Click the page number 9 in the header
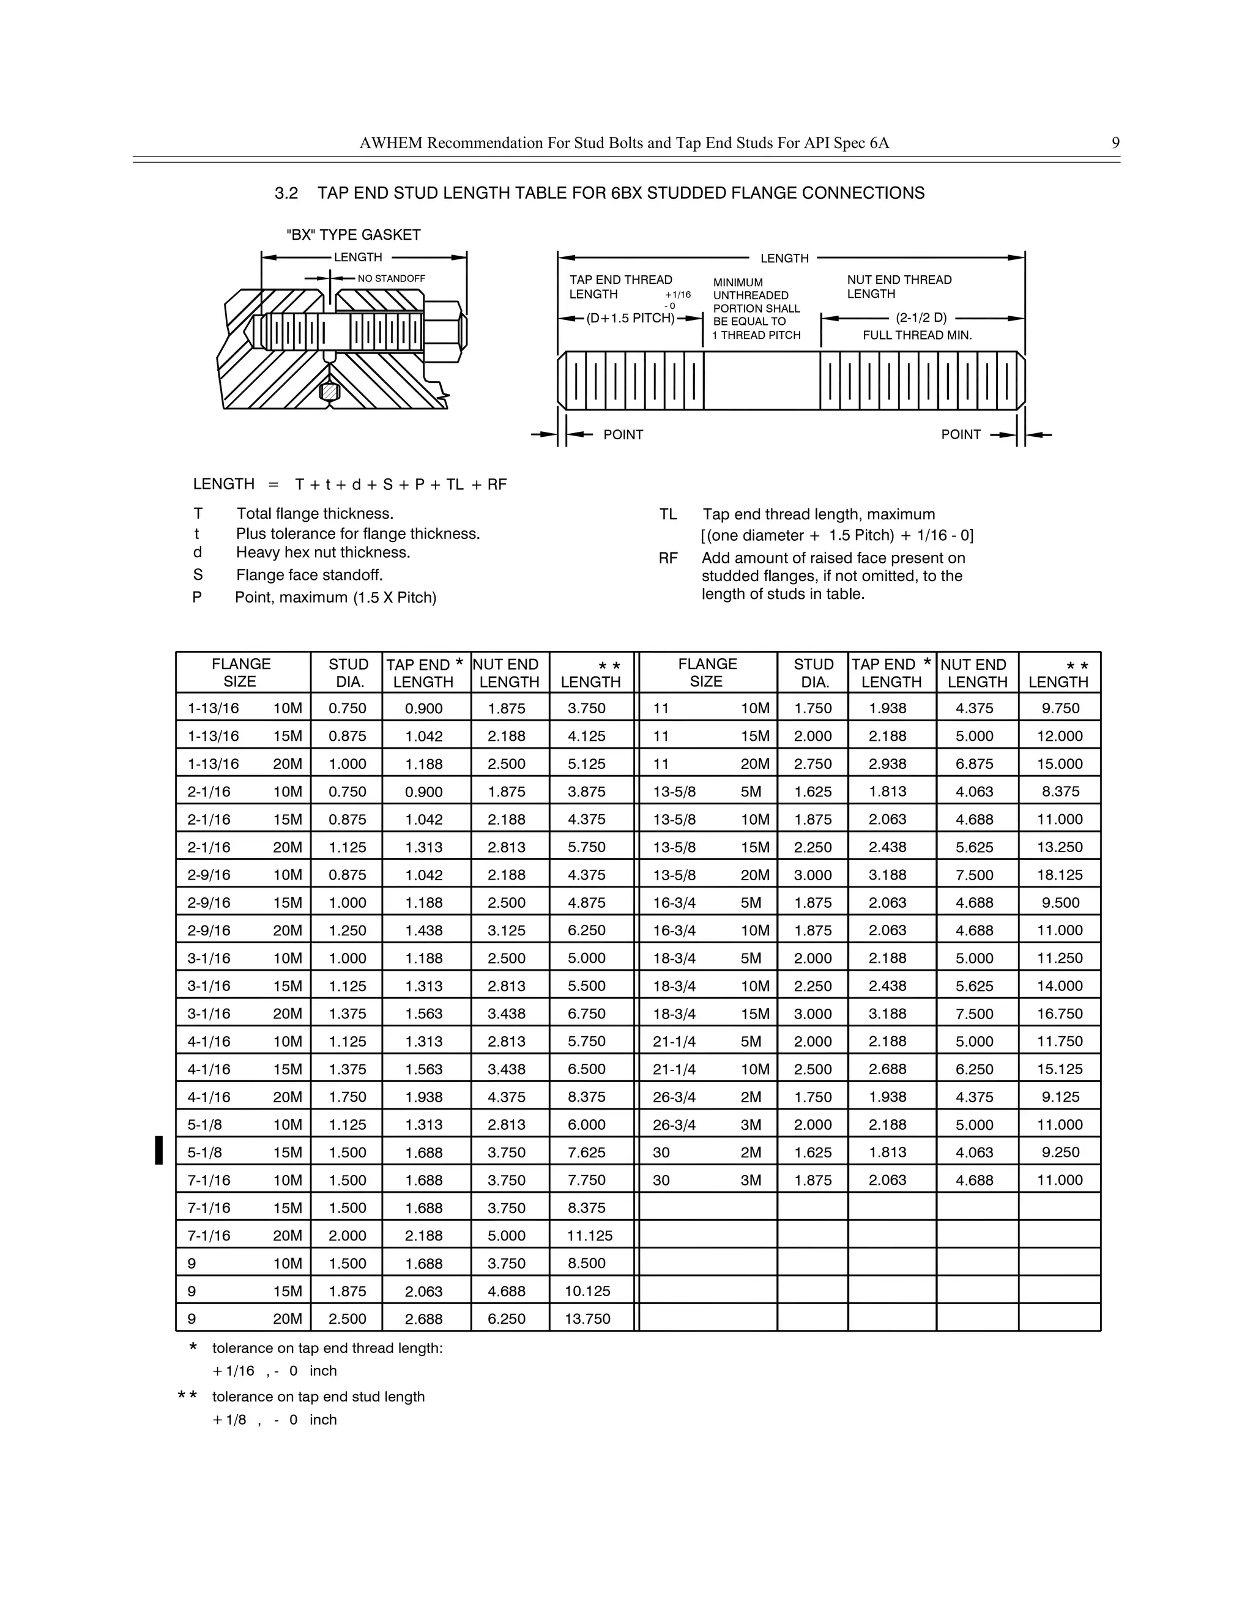(x=1115, y=143)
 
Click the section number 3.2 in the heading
(x=286, y=194)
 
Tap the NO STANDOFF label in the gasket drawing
(x=391, y=278)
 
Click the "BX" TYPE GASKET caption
(x=354, y=236)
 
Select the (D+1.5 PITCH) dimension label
(x=630, y=319)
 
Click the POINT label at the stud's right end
(x=961, y=435)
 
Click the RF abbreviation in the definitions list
(x=668, y=558)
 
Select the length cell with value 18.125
(x=1059, y=875)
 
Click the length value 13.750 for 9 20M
(x=587, y=1319)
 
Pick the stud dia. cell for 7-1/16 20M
(x=348, y=1236)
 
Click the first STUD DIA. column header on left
(x=348, y=672)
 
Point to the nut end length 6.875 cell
(x=975, y=764)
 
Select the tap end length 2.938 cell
(x=888, y=764)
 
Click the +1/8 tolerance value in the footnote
(x=229, y=1420)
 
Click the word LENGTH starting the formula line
(x=223, y=484)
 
